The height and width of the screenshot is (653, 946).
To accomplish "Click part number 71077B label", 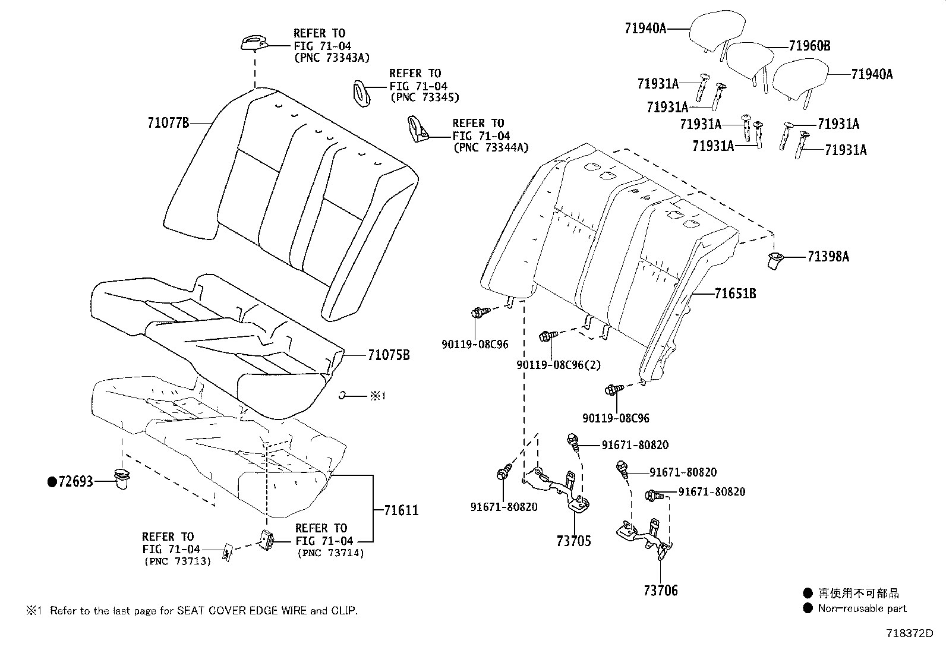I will click(x=168, y=123).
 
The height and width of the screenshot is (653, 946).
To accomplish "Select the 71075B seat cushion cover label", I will click(x=389, y=355).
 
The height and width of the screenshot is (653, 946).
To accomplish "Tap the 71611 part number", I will click(x=401, y=510).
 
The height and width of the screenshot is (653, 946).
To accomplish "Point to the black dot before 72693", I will click(x=52, y=482).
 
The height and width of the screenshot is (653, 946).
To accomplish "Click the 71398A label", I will click(x=828, y=257).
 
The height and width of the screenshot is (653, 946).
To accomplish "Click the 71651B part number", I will click(x=735, y=294).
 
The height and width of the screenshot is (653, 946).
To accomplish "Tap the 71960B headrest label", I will click(x=809, y=46).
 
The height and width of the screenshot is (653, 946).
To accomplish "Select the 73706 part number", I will click(x=660, y=591).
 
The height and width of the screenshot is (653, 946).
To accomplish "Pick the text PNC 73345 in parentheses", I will click(x=424, y=97).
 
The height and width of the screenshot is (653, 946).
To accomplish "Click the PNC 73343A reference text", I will click(x=332, y=58).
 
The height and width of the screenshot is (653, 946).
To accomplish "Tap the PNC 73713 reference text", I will click(x=176, y=561).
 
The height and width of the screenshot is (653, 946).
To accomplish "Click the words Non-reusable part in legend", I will click(x=862, y=608).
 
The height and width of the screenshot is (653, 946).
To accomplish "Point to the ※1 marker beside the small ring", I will click(x=377, y=396).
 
